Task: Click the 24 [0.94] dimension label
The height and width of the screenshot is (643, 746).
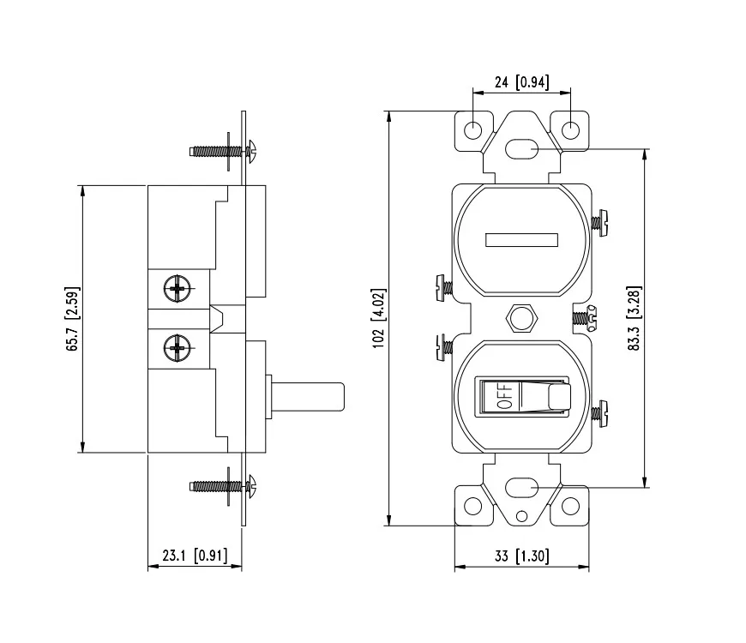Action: click(x=521, y=82)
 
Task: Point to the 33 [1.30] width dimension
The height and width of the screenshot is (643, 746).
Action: click(x=521, y=556)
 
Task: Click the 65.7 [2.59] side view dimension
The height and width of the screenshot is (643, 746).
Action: click(x=74, y=318)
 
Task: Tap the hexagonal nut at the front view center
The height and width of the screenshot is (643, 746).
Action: click(x=521, y=318)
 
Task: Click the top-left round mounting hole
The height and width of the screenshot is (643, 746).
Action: click(x=472, y=130)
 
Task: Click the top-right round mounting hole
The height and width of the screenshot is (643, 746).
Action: click(x=571, y=130)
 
